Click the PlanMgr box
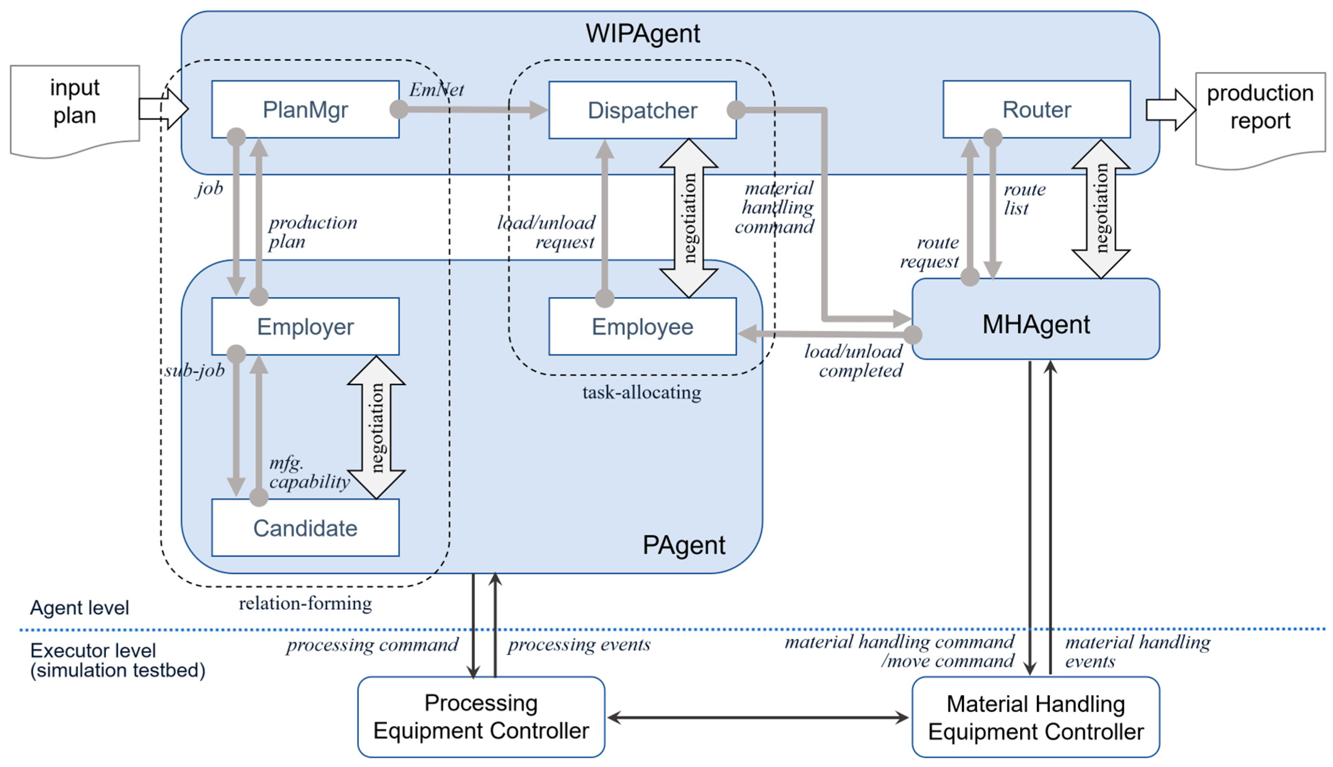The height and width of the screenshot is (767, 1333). pyautogui.click(x=305, y=109)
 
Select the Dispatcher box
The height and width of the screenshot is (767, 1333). pyautogui.click(x=642, y=110)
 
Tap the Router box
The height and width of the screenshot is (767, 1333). pyautogui.click(x=1036, y=109)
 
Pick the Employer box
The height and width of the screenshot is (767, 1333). pyautogui.click(x=305, y=327)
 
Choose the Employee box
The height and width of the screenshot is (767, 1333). pyautogui.click(x=642, y=327)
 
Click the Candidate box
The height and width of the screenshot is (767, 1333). pyautogui.click(x=305, y=528)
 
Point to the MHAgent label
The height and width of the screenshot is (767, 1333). pyautogui.click(x=1036, y=324)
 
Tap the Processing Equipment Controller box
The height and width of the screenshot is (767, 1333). pyautogui.click(x=481, y=717)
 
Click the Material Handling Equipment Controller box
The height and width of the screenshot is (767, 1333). pyautogui.click(x=1036, y=717)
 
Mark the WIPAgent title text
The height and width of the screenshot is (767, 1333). pyautogui.click(x=643, y=34)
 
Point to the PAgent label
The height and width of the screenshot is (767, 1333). pyautogui.click(x=684, y=545)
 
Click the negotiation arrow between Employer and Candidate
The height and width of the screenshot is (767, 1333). pyautogui.click(x=376, y=427)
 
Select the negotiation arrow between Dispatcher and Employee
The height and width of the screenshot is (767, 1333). pyautogui.click(x=688, y=218)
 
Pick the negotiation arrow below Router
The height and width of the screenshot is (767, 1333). pyautogui.click(x=1100, y=209)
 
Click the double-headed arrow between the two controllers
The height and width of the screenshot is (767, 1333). pyautogui.click(x=758, y=717)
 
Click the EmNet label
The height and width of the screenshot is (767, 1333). pyautogui.click(x=436, y=90)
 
